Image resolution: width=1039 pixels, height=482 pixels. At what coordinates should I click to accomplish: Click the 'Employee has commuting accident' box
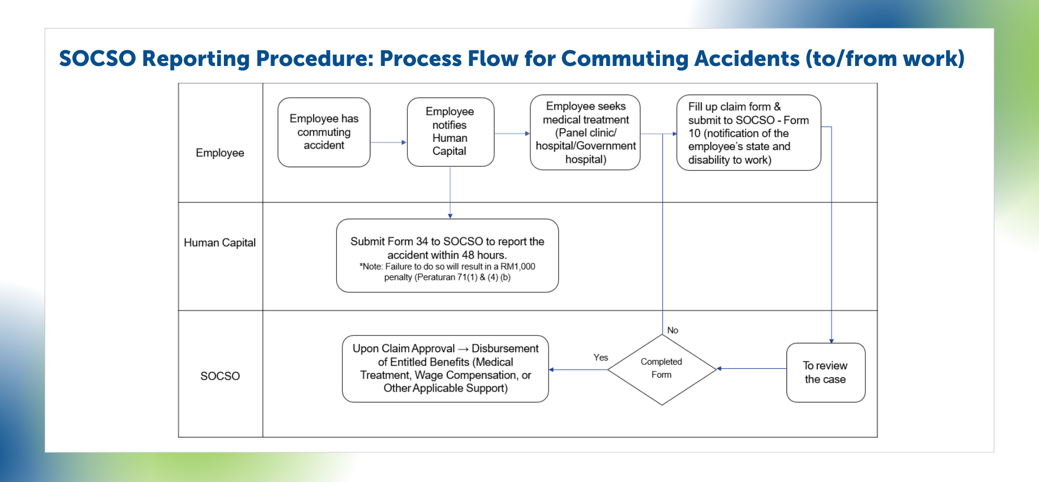pyautogui.click(x=324, y=132)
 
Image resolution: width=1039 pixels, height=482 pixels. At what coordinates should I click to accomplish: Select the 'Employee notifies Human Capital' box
pyautogui.click(x=450, y=131)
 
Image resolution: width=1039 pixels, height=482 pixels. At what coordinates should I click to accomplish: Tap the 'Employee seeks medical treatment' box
pyautogui.click(x=585, y=132)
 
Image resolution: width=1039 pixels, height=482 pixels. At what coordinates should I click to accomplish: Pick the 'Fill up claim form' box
pyautogui.click(x=748, y=132)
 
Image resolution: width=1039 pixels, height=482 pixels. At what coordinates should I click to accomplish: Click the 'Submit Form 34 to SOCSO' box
pyautogui.click(x=447, y=255)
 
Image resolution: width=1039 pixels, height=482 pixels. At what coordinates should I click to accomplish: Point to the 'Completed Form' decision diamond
pyautogui.click(x=661, y=369)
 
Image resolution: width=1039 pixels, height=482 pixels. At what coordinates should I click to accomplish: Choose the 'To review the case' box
pyautogui.click(x=825, y=372)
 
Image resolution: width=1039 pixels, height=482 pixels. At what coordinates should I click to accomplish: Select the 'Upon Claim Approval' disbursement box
pyautogui.click(x=445, y=368)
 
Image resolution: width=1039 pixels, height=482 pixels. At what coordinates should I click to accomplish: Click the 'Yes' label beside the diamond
pyautogui.click(x=601, y=357)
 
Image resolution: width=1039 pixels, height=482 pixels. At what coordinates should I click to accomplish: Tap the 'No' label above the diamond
pyautogui.click(x=672, y=330)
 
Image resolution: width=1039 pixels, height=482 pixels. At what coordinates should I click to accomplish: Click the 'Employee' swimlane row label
pyautogui.click(x=220, y=153)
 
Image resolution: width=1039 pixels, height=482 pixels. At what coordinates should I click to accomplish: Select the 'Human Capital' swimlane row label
pyautogui.click(x=220, y=243)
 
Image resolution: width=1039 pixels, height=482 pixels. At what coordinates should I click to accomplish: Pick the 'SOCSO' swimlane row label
pyautogui.click(x=220, y=376)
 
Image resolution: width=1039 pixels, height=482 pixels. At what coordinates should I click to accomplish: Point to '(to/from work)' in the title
pyautogui.click(x=885, y=58)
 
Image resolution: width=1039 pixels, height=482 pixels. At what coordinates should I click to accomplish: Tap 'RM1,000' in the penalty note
pyautogui.click(x=517, y=266)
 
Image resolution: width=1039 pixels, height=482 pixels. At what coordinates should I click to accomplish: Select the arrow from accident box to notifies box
pyautogui.click(x=388, y=142)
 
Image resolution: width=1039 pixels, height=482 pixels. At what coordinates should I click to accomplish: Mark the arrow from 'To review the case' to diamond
pyautogui.click(x=751, y=369)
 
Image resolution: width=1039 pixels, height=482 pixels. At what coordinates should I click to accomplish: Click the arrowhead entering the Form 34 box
pyautogui.click(x=450, y=216)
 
